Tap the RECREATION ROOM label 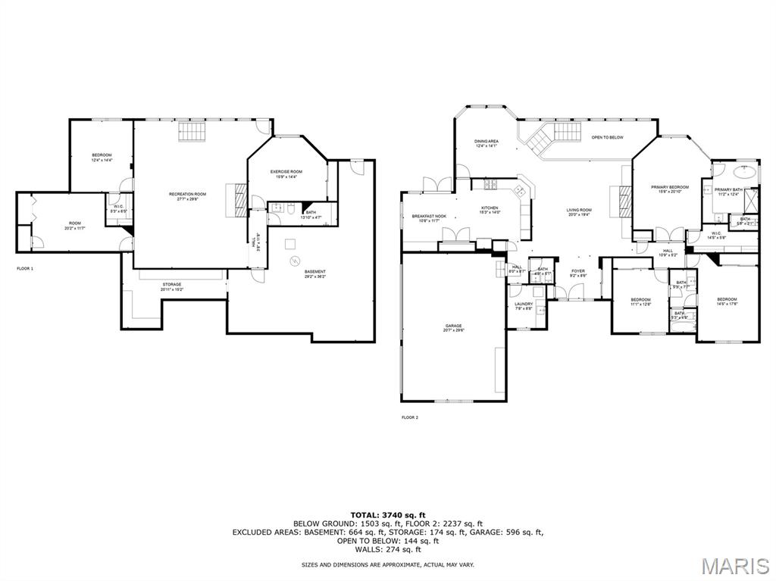187,195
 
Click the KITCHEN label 490,208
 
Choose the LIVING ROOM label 579,211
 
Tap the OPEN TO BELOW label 607,137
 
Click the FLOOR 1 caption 25,268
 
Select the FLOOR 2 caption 409,417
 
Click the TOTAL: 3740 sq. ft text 387,515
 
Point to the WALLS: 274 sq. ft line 387,549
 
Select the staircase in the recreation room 192,133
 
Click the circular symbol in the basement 294,261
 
